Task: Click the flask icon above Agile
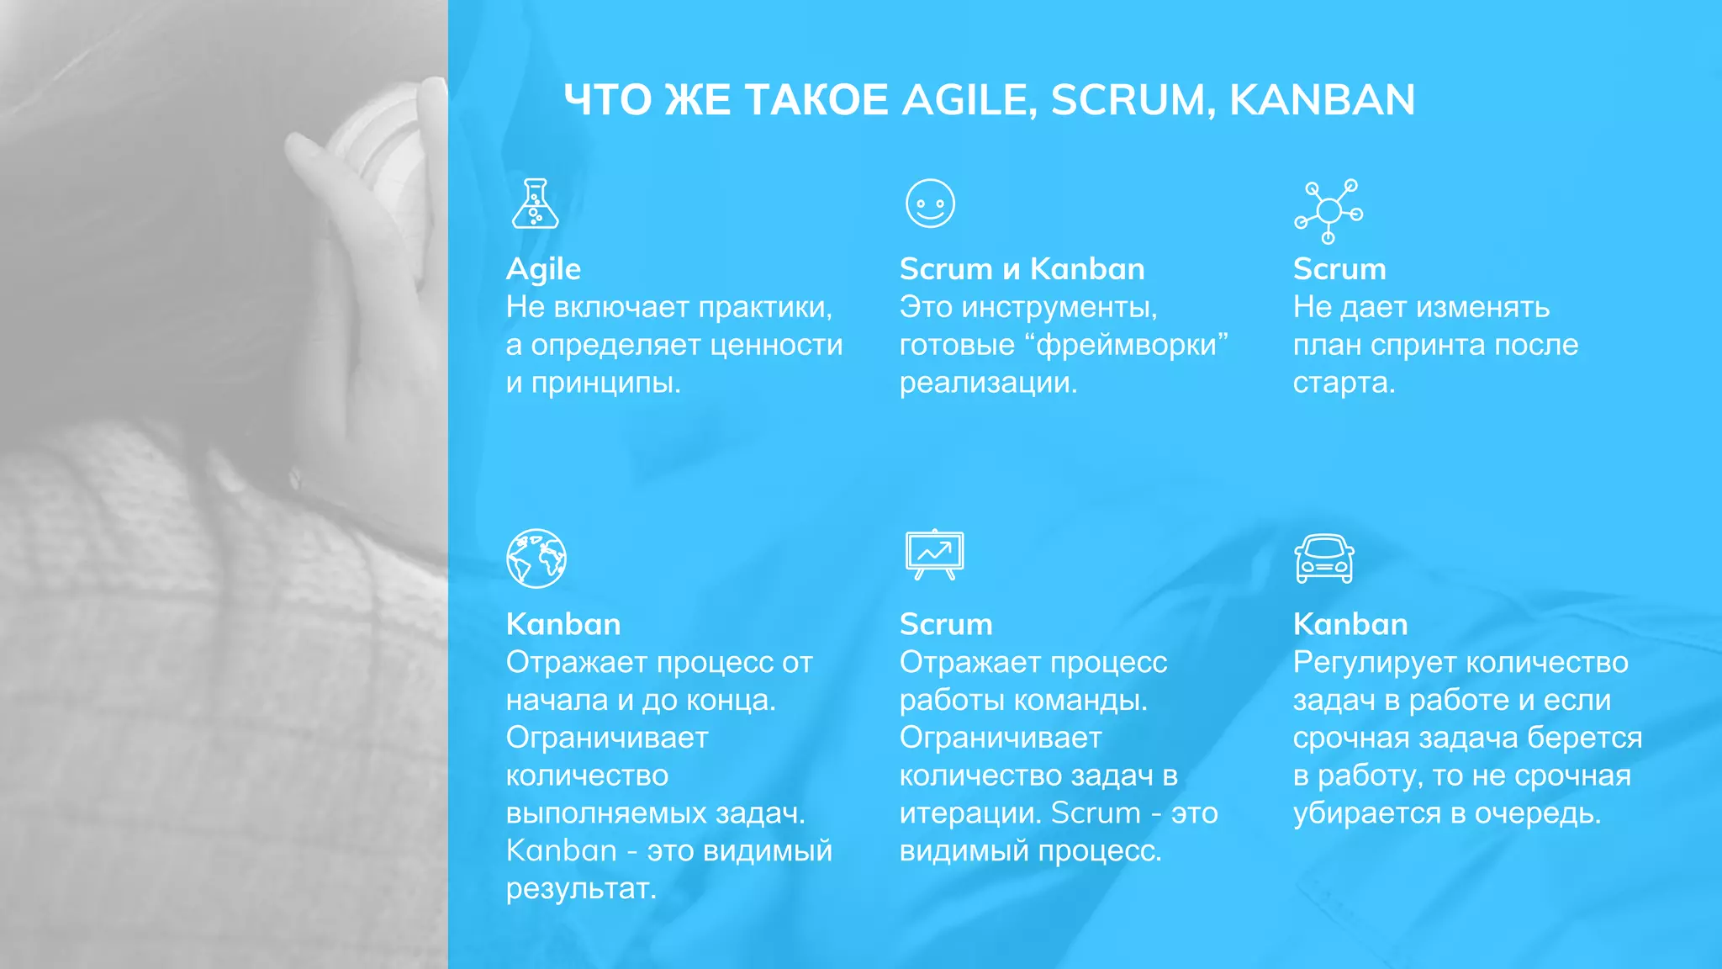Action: pyautogui.click(x=535, y=204)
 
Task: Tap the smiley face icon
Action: pyautogui.click(x=930, y=204)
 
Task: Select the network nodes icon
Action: pyautogui.click(x=1328, y=210)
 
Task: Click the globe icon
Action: pyautogui.click(x=536, y=559)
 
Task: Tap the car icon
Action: pyautogui.click(x=1324, y=559)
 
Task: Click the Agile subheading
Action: pyautogui.click(x=543, y=269)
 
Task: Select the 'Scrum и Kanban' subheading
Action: pyautogui.click(x=1022, y=269)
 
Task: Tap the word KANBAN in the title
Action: pyautogui.click(x=1322, y=100)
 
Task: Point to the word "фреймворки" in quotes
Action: pyautogui.click(x=1127, y=345)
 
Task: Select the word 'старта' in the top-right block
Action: pyautogui.click(x=1343, y=384)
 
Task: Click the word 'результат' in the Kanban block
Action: pyautogui.click(x=580, y=889)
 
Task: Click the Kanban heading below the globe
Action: pyautogui.click(x=563, y=624)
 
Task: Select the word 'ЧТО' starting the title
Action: pyautogui.click(x=607, y=100)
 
